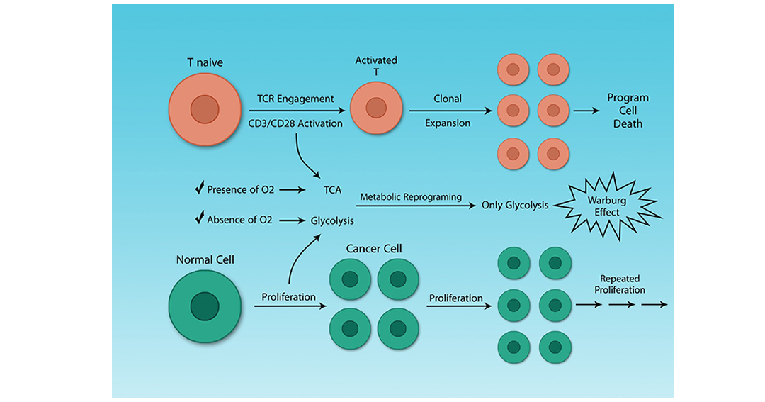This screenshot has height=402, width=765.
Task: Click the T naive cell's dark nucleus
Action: coord(205,109)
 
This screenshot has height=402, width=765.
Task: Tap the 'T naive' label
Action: coord(205,62)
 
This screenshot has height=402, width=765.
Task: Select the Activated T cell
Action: coord(376,108)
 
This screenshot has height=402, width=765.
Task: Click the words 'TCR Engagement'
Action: coord(295,99)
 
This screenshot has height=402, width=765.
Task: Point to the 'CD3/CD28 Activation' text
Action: coord(295,123)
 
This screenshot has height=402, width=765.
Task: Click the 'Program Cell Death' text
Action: coord(628,111)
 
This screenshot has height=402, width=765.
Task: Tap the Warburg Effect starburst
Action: coord(608,206)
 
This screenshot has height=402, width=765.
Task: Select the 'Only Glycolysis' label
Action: coord(515,205)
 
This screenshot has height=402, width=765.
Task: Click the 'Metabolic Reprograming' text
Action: coord(411,197)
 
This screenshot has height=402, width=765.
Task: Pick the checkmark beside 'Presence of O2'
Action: coord(199,188)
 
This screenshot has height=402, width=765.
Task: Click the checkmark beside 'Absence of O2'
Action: coord(199,218)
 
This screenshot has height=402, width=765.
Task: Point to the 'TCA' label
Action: coord(332,190)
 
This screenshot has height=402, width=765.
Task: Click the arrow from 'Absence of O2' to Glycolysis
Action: coord(293,220)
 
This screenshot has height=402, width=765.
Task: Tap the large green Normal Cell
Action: coord(205,306)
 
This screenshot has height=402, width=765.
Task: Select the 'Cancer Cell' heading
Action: coord(374,249)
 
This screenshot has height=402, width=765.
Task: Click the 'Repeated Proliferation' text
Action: coord(620,284)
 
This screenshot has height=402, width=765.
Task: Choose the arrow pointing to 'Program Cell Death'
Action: coord(586,111)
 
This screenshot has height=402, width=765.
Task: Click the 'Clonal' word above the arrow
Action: coord(448,99)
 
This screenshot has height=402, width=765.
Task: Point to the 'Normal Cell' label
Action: coord(205,260)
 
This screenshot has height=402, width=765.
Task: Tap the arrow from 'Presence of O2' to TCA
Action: coord(293,190)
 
